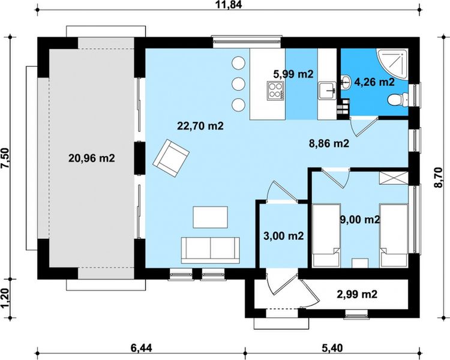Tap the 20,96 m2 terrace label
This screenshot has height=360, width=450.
[x=91, y=158]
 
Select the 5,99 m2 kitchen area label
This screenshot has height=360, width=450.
[x=293, y=74]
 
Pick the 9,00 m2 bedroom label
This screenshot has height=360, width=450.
[x=359, y=220]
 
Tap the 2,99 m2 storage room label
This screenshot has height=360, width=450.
[x=356, y=294]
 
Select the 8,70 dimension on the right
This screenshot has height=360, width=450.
[x=443, y=178]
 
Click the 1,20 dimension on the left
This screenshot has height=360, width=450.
[x=5, y=298]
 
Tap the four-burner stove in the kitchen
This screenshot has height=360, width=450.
[x=274, y=92]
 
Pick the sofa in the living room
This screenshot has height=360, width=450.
[x=211, y=248]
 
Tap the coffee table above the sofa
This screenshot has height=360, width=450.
[x=210, y=217]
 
